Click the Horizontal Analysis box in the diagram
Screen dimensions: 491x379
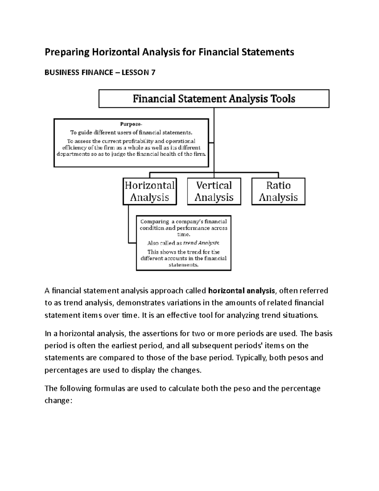149,191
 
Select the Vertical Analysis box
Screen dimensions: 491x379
214,191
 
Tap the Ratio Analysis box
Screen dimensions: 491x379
278,191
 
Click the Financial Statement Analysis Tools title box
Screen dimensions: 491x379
214,99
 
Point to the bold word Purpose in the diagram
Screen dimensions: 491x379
131,124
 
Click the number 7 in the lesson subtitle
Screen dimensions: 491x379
153,72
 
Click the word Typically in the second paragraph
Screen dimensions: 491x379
248,358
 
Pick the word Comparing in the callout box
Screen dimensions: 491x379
154,222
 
